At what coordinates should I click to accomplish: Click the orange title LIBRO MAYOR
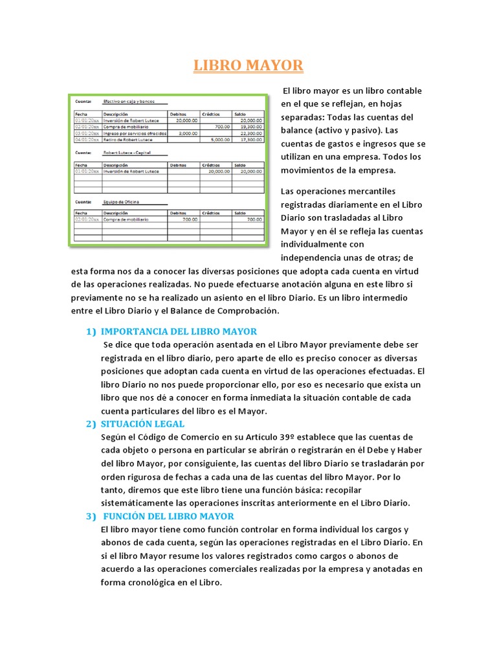tap(248, 66)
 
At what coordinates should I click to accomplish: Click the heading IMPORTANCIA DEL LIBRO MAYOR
tap(179, 331)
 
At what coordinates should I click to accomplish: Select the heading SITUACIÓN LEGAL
tap(143, 423)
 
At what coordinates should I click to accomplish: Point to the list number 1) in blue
tap(91, 331)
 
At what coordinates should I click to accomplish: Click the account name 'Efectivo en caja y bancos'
tap(129, 102)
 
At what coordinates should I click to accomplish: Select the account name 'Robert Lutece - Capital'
tap(127, 153)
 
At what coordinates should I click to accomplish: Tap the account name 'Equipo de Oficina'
tap(121, 202)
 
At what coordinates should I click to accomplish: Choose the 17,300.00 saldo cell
tap(250, 139)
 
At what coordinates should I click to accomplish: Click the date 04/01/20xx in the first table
tap(87, 139)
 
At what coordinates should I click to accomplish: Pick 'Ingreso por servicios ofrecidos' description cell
tap(135, 133)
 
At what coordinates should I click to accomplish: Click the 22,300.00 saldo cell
tap(250, 133)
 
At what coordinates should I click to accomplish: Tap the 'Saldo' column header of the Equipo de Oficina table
tap(240, 213)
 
